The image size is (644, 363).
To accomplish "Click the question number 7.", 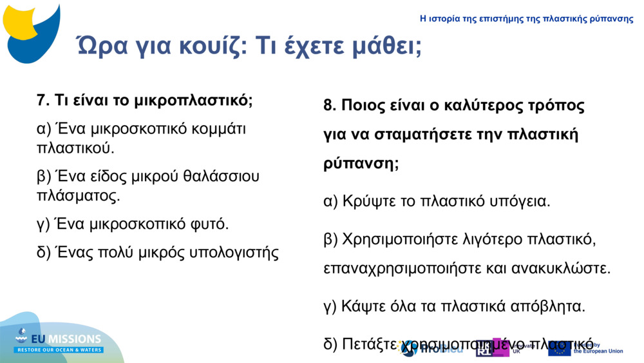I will pos(43,101).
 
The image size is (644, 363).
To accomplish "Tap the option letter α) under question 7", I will pos(44,128).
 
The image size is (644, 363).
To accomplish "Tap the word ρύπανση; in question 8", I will pos(361,163).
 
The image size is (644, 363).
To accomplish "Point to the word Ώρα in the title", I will pos(97,45).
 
